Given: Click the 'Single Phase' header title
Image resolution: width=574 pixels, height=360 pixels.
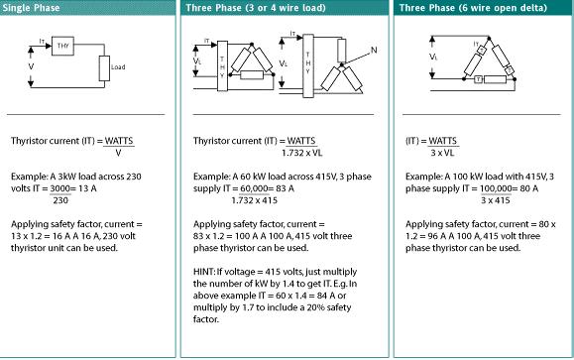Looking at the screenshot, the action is pyautogui.click(x=31, y=8).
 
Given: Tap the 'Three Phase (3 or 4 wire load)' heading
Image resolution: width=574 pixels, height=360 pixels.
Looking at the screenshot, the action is pyautogui.click(x=256, y=8).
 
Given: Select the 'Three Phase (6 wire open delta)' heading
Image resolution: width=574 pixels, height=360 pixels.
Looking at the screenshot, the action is pyautogui.click(x=473, y=8).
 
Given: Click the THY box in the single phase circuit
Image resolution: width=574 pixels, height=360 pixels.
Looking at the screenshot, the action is pyautogui.click(x=63, y=46).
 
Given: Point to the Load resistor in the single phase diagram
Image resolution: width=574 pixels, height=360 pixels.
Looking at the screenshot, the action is pyautogui.click(x=104, y=68).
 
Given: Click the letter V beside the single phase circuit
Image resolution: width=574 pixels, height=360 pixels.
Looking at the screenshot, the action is pyautogui.click(x=31, y=66).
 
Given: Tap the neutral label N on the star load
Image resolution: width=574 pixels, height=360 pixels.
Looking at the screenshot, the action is pyautogui.click(x=374, y=51).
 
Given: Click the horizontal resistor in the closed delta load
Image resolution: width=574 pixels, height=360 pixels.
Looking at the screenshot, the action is pyautogui.click(x=252, y=75).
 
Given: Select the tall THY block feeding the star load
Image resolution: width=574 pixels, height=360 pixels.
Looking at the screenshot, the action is pyautogui.click(x=308, y=65).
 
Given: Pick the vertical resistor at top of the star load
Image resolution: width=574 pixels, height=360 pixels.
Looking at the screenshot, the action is pyautogui.click(x=342, y=51).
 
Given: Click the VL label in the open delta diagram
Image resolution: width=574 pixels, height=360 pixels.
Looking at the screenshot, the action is pyautogui.click(x=433, y=57).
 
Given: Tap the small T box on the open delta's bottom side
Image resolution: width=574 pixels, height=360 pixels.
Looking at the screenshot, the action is pyautogui.click(x=478, y=79).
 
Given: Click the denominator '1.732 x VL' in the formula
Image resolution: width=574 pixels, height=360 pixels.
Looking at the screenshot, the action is pyautogui.click(x=302, y=153).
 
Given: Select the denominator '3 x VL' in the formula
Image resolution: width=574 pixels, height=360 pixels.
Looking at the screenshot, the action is pyautogui.click(x=442, y=153).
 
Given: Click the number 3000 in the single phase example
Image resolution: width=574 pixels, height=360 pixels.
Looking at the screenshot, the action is pyautogui.click(x=60, y=188).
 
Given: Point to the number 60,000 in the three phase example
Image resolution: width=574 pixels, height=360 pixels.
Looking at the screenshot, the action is pyautogui.click(x=254, y=188).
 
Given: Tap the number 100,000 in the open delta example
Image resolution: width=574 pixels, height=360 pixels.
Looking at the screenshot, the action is pyautogui.click(x=496, y=188).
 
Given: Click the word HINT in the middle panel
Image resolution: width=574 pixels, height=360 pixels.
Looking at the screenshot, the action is pyautogui.click(x=204, y=272).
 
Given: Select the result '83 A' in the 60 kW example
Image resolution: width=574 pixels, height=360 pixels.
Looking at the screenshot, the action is pyautogui.click(x=285, y=188).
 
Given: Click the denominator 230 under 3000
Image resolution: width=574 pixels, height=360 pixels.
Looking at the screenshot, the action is pyautogui.click(x=60, y=200).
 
